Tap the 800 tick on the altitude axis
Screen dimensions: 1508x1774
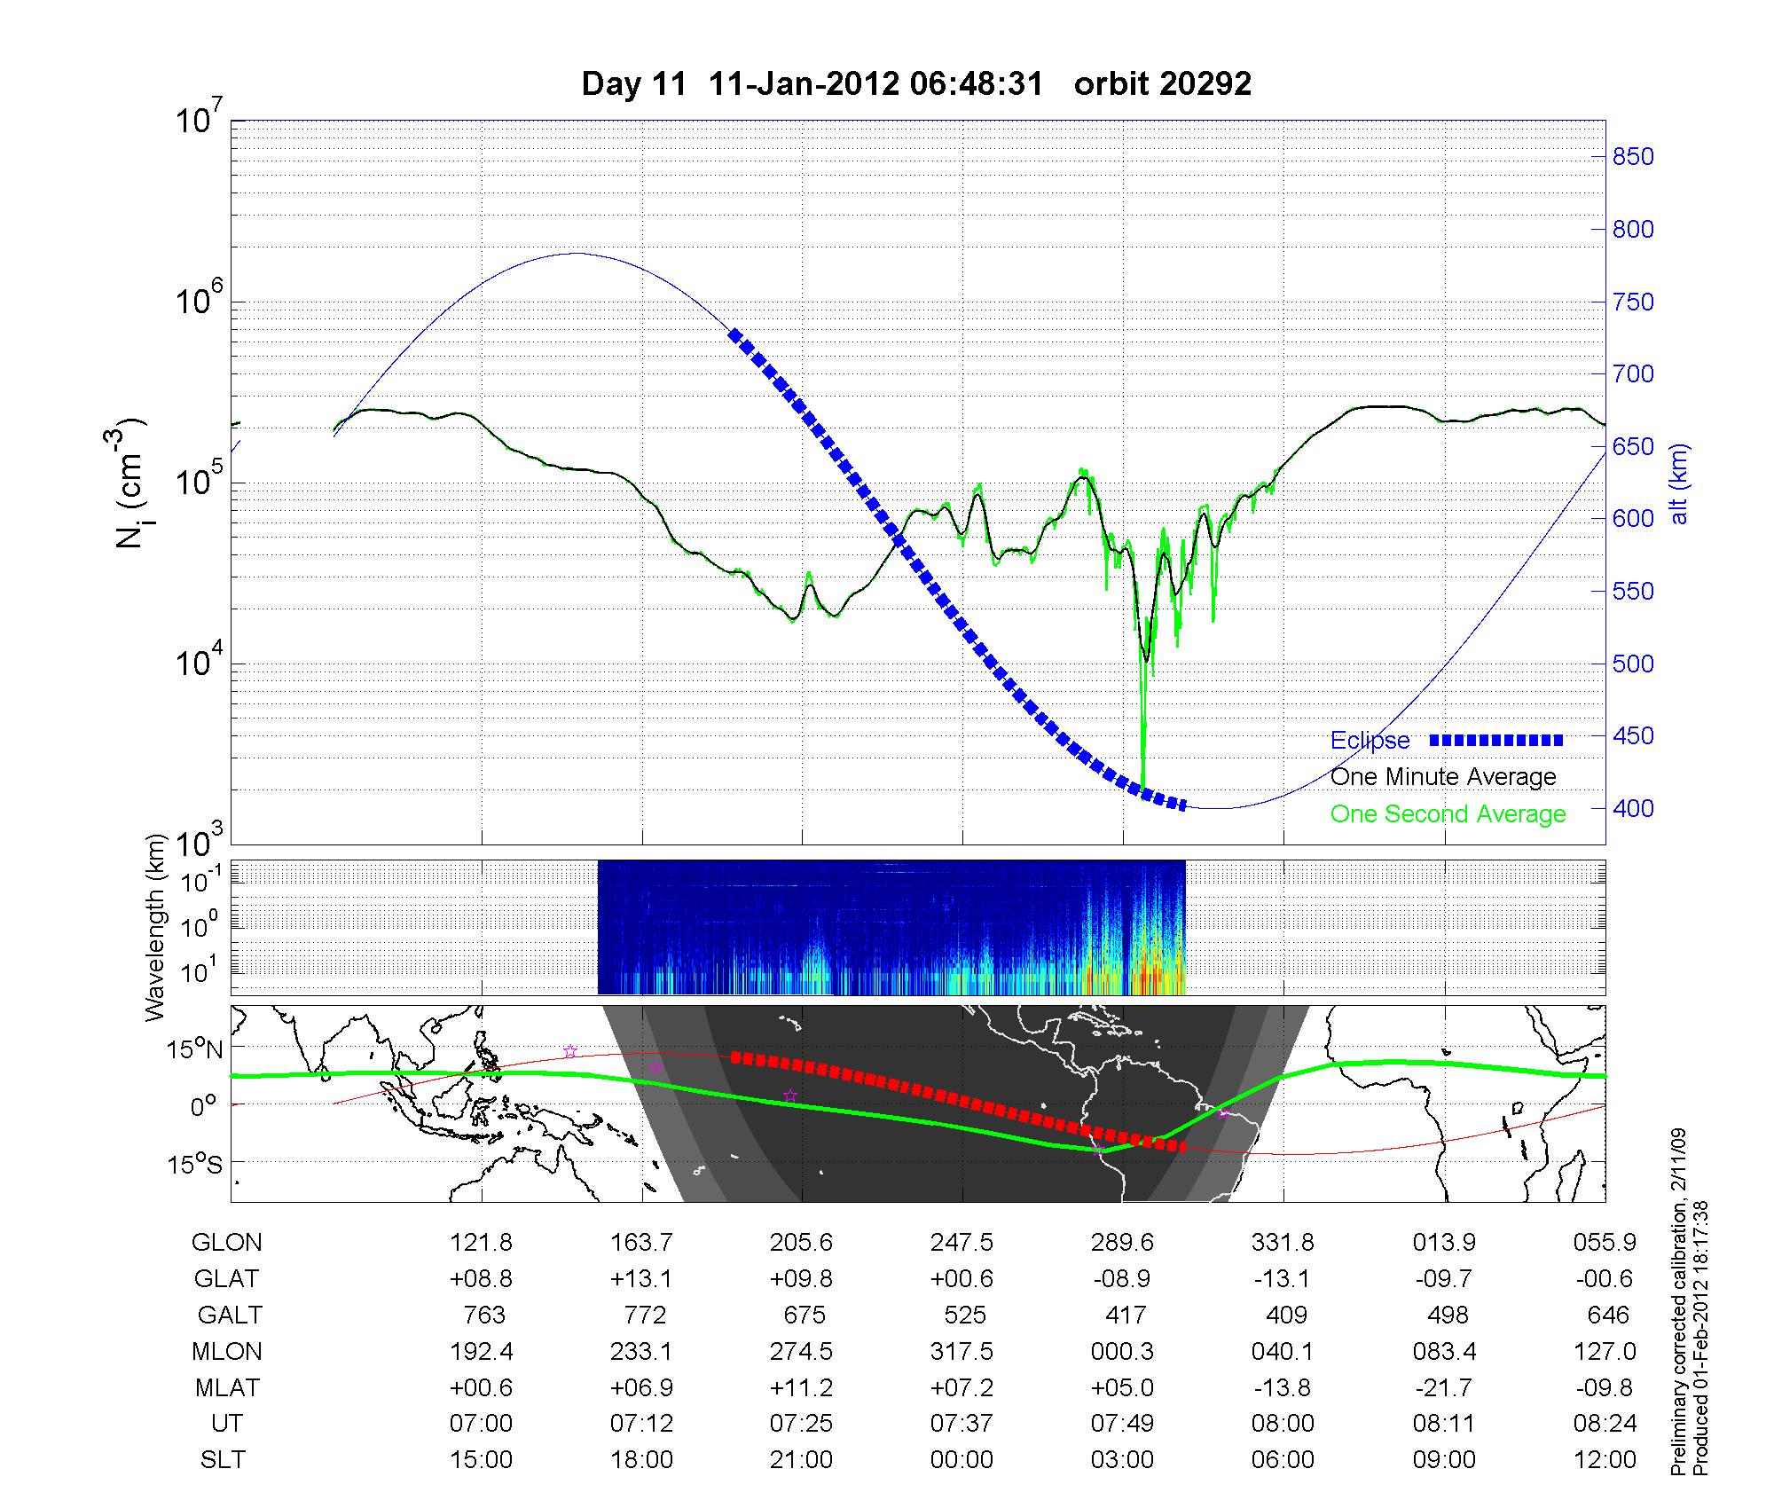click(x=1631, y=230)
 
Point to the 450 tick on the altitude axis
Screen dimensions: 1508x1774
click(x=1631, y=736)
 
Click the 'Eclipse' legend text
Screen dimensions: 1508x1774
click(x=1370, y=741)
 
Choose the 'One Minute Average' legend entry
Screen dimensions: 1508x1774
click(x=1443, y=777)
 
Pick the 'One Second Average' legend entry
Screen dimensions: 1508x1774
click(x=1448, y=814)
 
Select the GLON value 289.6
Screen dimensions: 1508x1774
click(x=1123, y=1243)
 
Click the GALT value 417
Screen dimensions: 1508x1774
click(x=1126, y=1315)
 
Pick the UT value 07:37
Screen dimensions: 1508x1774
click(x=962, y=1424)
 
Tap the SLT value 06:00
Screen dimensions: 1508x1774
click(x=1283, y=1460)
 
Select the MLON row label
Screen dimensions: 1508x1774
click(x=227, y=1351)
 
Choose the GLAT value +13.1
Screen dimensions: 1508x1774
click(x=641, y=1278)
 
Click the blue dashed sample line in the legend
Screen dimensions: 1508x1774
click(x=1496, y=740)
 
